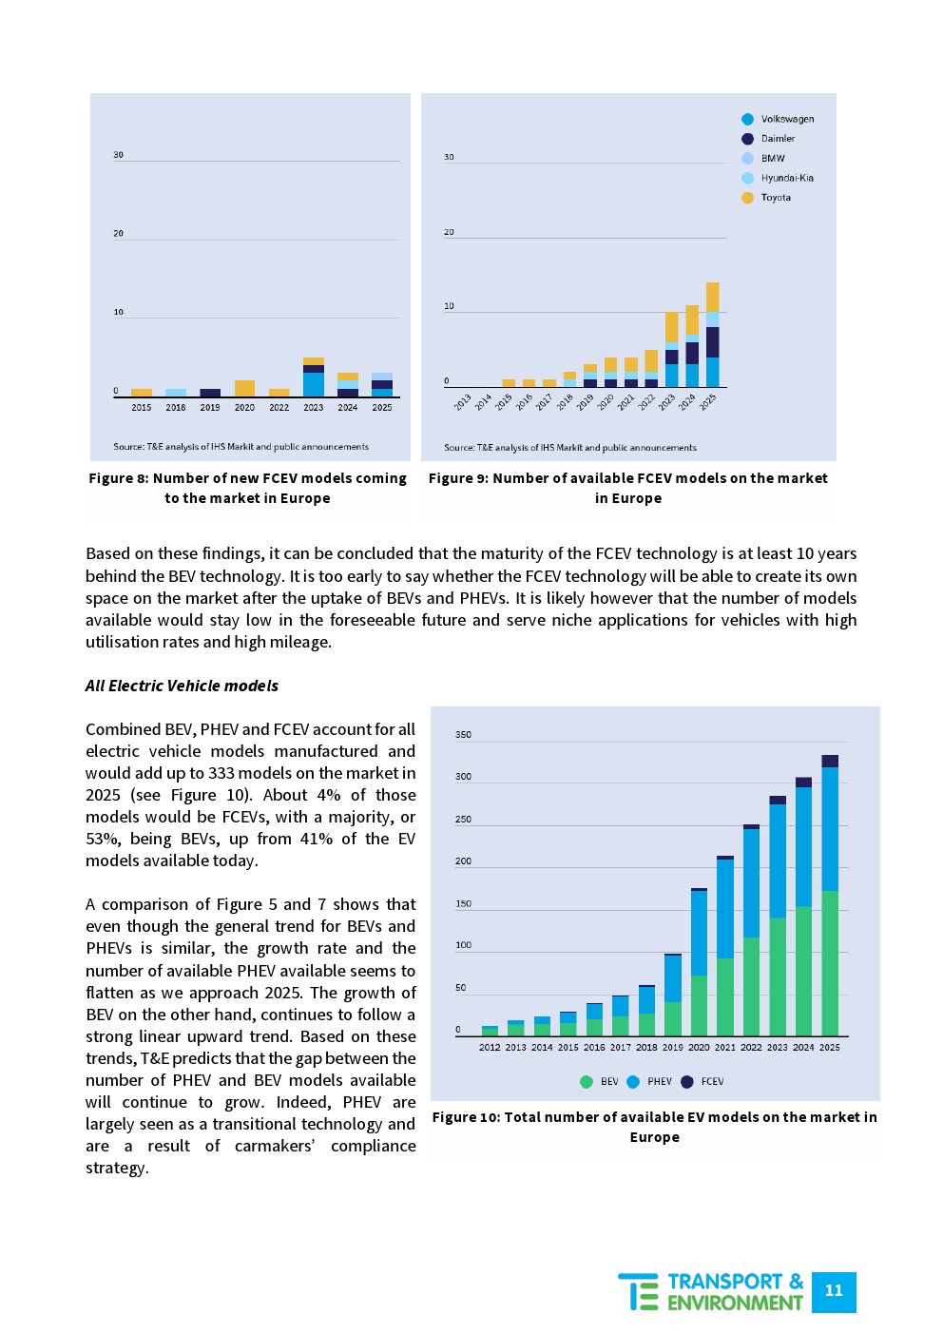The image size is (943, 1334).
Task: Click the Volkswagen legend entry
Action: pos(779,119)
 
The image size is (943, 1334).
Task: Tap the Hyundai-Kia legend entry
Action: pos(779,178)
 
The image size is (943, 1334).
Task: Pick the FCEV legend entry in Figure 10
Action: pos(702,1081)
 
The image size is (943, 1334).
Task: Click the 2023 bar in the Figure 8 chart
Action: pos(314,377)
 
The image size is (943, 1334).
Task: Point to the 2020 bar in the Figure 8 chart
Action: pos(244,388)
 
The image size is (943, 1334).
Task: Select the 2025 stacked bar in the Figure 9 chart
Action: pos(713,335)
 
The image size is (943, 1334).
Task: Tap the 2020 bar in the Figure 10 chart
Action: pos(699,961)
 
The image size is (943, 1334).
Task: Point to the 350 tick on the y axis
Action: pos(463,735)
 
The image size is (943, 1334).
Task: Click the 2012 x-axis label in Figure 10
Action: pos(490,1048)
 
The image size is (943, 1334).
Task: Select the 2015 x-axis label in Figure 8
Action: pos(142,408)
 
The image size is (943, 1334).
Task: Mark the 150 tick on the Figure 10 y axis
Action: pos(463,904)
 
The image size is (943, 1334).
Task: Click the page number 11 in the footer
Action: pos(834,1291)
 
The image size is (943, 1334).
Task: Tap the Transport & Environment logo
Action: pos(711,1291)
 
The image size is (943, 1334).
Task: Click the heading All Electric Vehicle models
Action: pos(182,686)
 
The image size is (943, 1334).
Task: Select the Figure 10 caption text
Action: pos(654,1127)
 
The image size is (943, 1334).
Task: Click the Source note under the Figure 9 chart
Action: pos(570,448)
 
